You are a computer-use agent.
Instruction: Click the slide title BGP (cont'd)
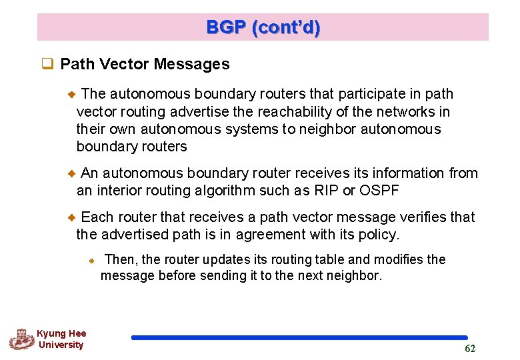pos(263,27)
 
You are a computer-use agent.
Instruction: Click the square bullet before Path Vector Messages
pos(47,65)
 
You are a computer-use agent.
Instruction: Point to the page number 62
pos(470,349)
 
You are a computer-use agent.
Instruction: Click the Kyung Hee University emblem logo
pos(21,339)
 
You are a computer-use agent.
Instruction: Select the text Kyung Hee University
pos(61,339)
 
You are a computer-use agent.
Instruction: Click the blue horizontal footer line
pos(299,338)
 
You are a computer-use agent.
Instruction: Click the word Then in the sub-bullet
pos(120,259)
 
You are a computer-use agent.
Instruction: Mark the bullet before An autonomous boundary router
pos(72,173)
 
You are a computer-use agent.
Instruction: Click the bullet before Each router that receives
pos(72,217)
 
